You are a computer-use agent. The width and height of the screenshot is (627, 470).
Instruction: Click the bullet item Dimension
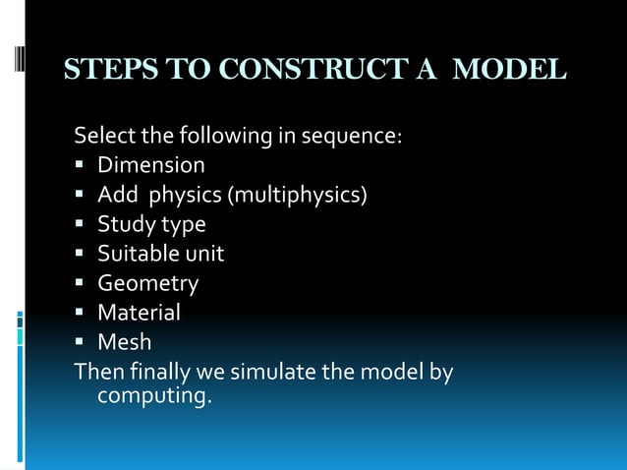click(x=151, y=165)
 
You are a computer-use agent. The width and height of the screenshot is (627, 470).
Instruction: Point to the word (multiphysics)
click(x=298, y=195)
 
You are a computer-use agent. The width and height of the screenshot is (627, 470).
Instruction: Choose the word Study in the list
click(x=123, y=224)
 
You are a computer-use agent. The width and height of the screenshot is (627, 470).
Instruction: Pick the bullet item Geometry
click(x=147, y=284)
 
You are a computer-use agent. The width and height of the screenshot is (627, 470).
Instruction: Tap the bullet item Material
click(x=139, y=314)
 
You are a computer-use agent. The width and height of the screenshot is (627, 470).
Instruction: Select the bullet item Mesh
click(x=124, y=343)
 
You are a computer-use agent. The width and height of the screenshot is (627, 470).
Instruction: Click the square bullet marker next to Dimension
click(x=81, y=166)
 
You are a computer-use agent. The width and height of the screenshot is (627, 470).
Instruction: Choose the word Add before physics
click(x=118, y=195)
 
